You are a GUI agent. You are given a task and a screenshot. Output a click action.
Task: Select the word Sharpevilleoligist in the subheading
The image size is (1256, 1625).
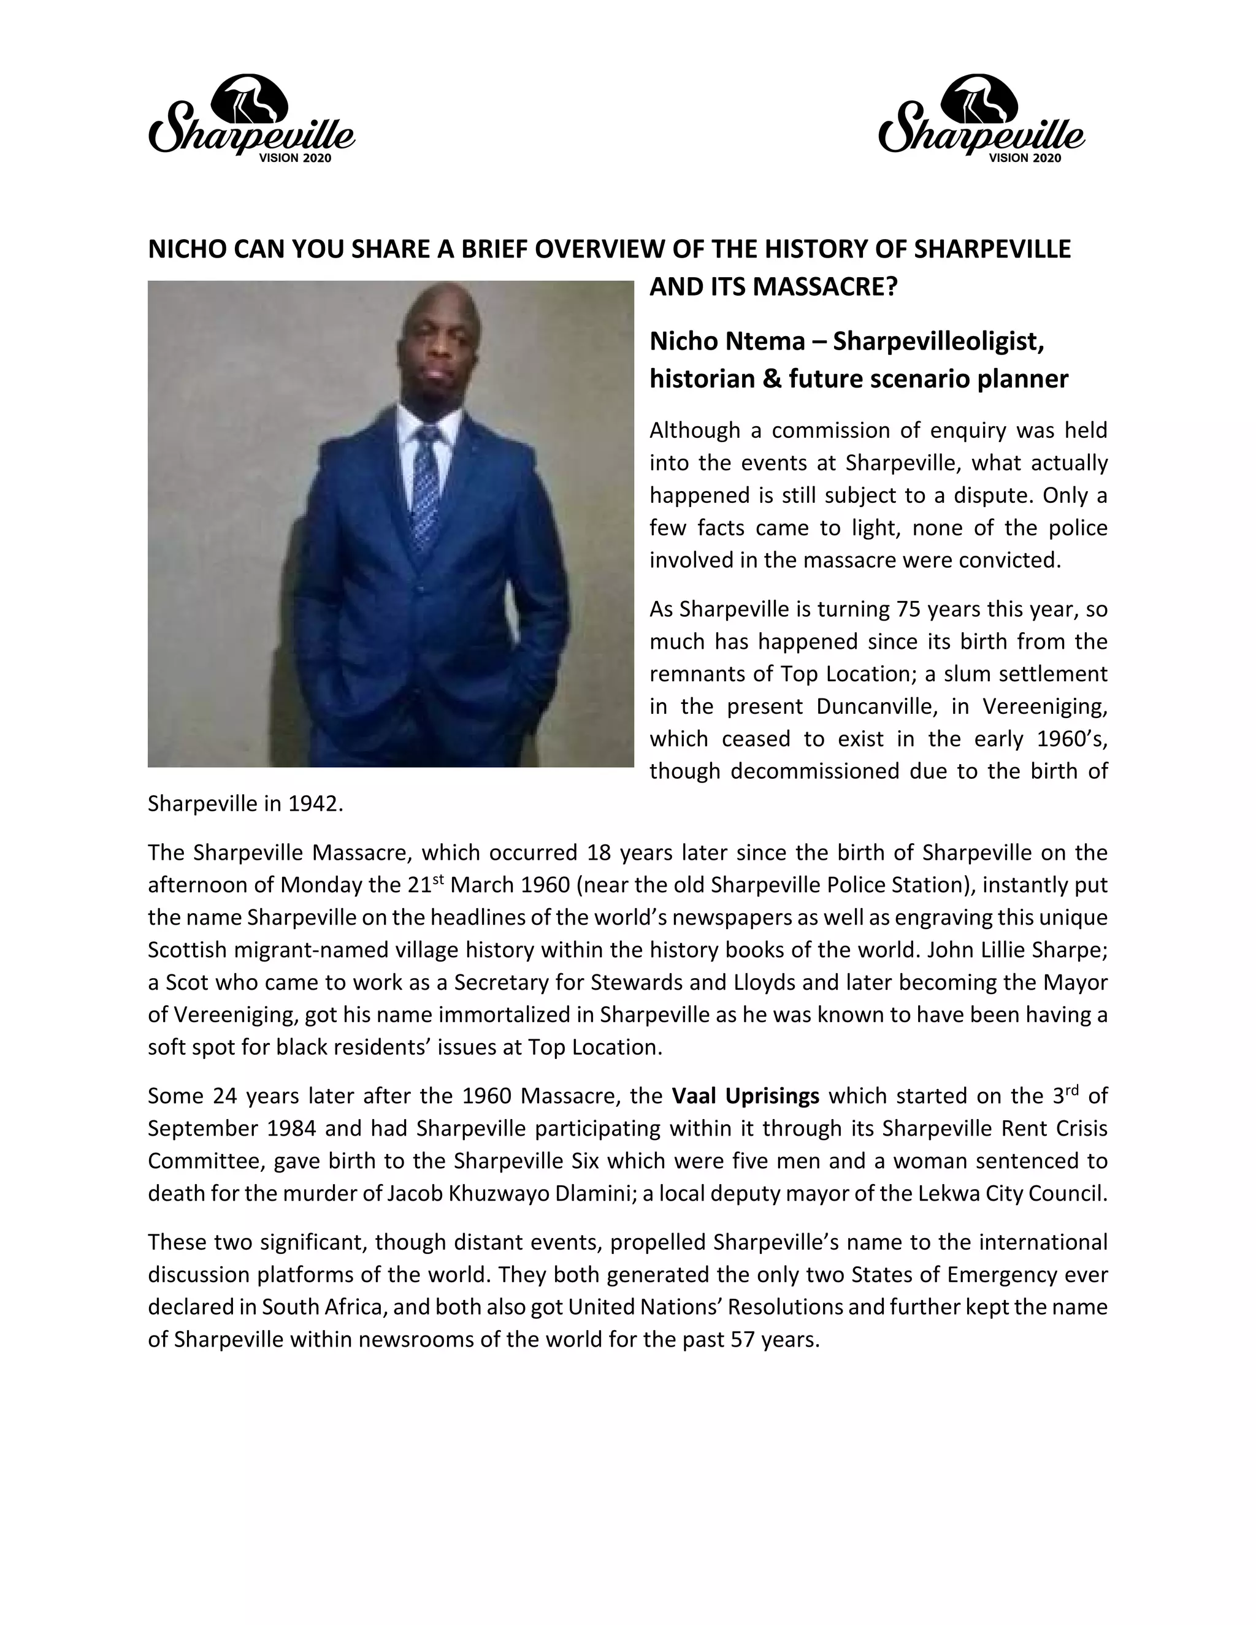tap(939, 341)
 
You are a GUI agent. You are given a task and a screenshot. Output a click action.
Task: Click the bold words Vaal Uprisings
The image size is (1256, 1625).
tap(746, 1096)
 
